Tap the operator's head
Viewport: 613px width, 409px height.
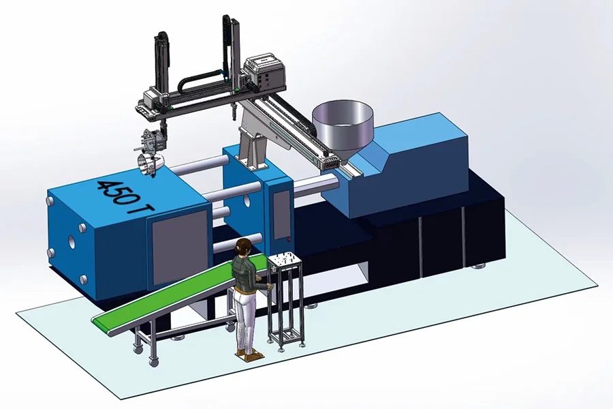[242, 247]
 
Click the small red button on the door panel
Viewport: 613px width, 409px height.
[289, 239]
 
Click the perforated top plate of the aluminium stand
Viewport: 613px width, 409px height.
[284, 260]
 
